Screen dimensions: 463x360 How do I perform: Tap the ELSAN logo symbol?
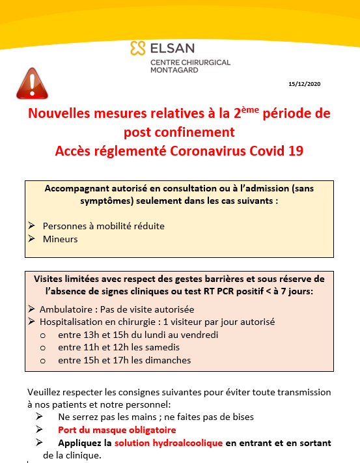(137, 48)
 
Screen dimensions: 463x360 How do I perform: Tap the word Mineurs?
(61, 239)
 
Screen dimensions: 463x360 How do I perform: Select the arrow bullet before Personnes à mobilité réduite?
(32, 226)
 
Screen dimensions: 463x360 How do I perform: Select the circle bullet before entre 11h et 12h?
(43, 348)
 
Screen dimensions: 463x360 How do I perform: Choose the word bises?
(241, 417)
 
